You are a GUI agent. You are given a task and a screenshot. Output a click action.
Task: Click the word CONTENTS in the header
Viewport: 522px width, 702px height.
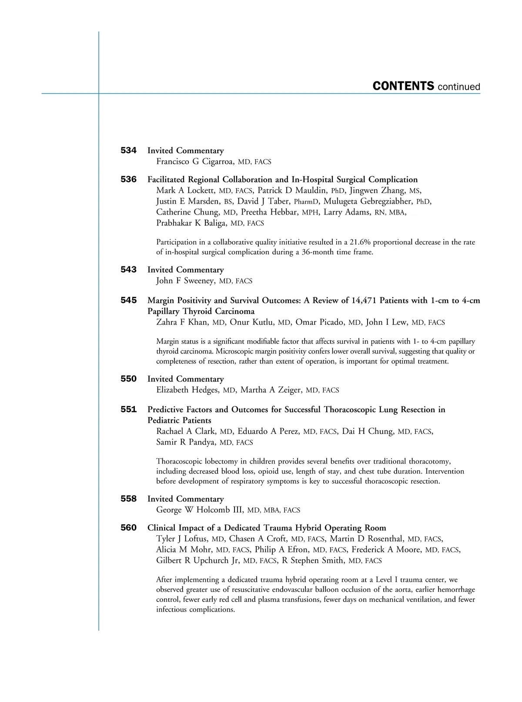tap(403, 86)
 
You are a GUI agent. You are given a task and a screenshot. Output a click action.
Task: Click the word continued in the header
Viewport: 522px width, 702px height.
tap(459, 87)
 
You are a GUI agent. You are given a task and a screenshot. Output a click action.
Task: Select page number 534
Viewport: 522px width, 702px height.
tap(128, 151)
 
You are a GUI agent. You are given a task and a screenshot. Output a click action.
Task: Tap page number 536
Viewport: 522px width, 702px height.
tap(128, 179)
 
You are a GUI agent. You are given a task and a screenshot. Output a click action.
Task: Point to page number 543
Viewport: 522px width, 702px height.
tap(128, 270)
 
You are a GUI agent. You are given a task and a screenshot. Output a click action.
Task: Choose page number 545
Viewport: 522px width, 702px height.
tap(128, 300)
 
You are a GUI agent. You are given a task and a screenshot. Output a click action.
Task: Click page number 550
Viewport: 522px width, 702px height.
tap(128, 379)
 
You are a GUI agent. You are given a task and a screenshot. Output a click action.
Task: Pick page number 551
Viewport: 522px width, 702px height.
tap(128, 410)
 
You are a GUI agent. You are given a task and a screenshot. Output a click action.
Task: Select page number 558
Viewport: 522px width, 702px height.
tap(128, 499)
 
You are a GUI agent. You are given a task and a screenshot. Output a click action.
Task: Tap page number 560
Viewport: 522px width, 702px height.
tap(128, 528)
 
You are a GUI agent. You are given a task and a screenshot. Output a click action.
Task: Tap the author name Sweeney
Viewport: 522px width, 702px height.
tap(199, 281)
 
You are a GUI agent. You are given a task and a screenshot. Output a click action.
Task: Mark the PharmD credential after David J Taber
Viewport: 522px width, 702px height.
tap(306, 202)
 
